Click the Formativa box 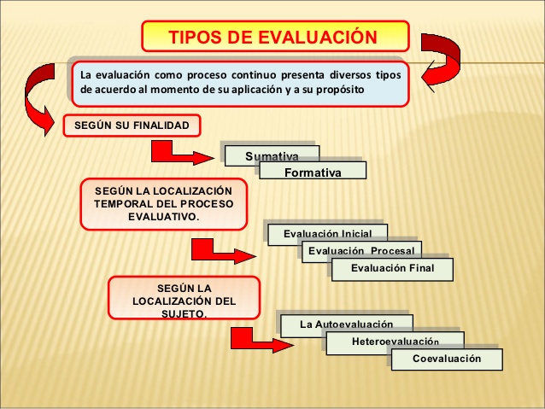313,172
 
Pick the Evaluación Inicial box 327,233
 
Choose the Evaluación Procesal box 360,250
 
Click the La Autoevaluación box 346,324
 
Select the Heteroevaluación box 395,342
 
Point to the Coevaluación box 447,359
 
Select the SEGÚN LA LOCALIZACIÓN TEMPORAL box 163,203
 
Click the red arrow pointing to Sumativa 179,155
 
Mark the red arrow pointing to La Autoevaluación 251,338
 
